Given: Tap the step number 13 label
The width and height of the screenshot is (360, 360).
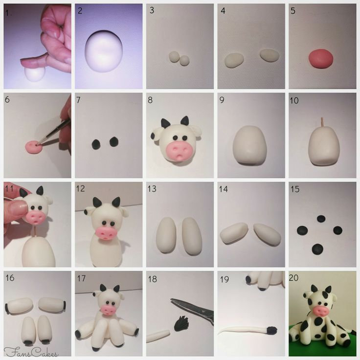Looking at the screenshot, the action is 152,189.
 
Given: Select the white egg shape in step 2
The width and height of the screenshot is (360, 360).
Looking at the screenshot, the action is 103,51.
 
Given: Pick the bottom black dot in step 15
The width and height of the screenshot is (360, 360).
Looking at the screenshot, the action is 317,249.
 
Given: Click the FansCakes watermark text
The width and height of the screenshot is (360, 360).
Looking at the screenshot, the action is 30,352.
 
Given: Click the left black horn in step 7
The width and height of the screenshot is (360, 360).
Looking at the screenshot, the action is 96,144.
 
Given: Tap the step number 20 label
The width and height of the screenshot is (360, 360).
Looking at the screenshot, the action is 293,278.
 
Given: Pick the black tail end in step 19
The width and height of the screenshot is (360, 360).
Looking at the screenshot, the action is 271,330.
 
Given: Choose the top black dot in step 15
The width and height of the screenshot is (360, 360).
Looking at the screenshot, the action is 321,219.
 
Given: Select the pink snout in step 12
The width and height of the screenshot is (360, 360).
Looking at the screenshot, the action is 106,233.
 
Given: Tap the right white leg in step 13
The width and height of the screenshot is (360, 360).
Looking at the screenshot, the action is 192,236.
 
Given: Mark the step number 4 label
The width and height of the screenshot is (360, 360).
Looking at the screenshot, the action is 223,11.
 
